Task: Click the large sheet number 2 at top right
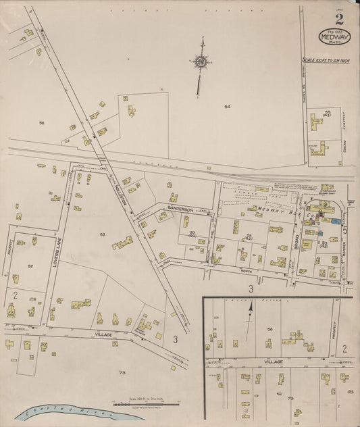tap(338, 18)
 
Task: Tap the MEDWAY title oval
tap(330, 36)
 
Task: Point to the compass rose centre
tap(201, 61)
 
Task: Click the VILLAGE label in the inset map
tap(272, 362)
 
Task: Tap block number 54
tap(228, 107)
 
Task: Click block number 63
tap(103, 234)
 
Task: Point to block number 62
tap(30, 266)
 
